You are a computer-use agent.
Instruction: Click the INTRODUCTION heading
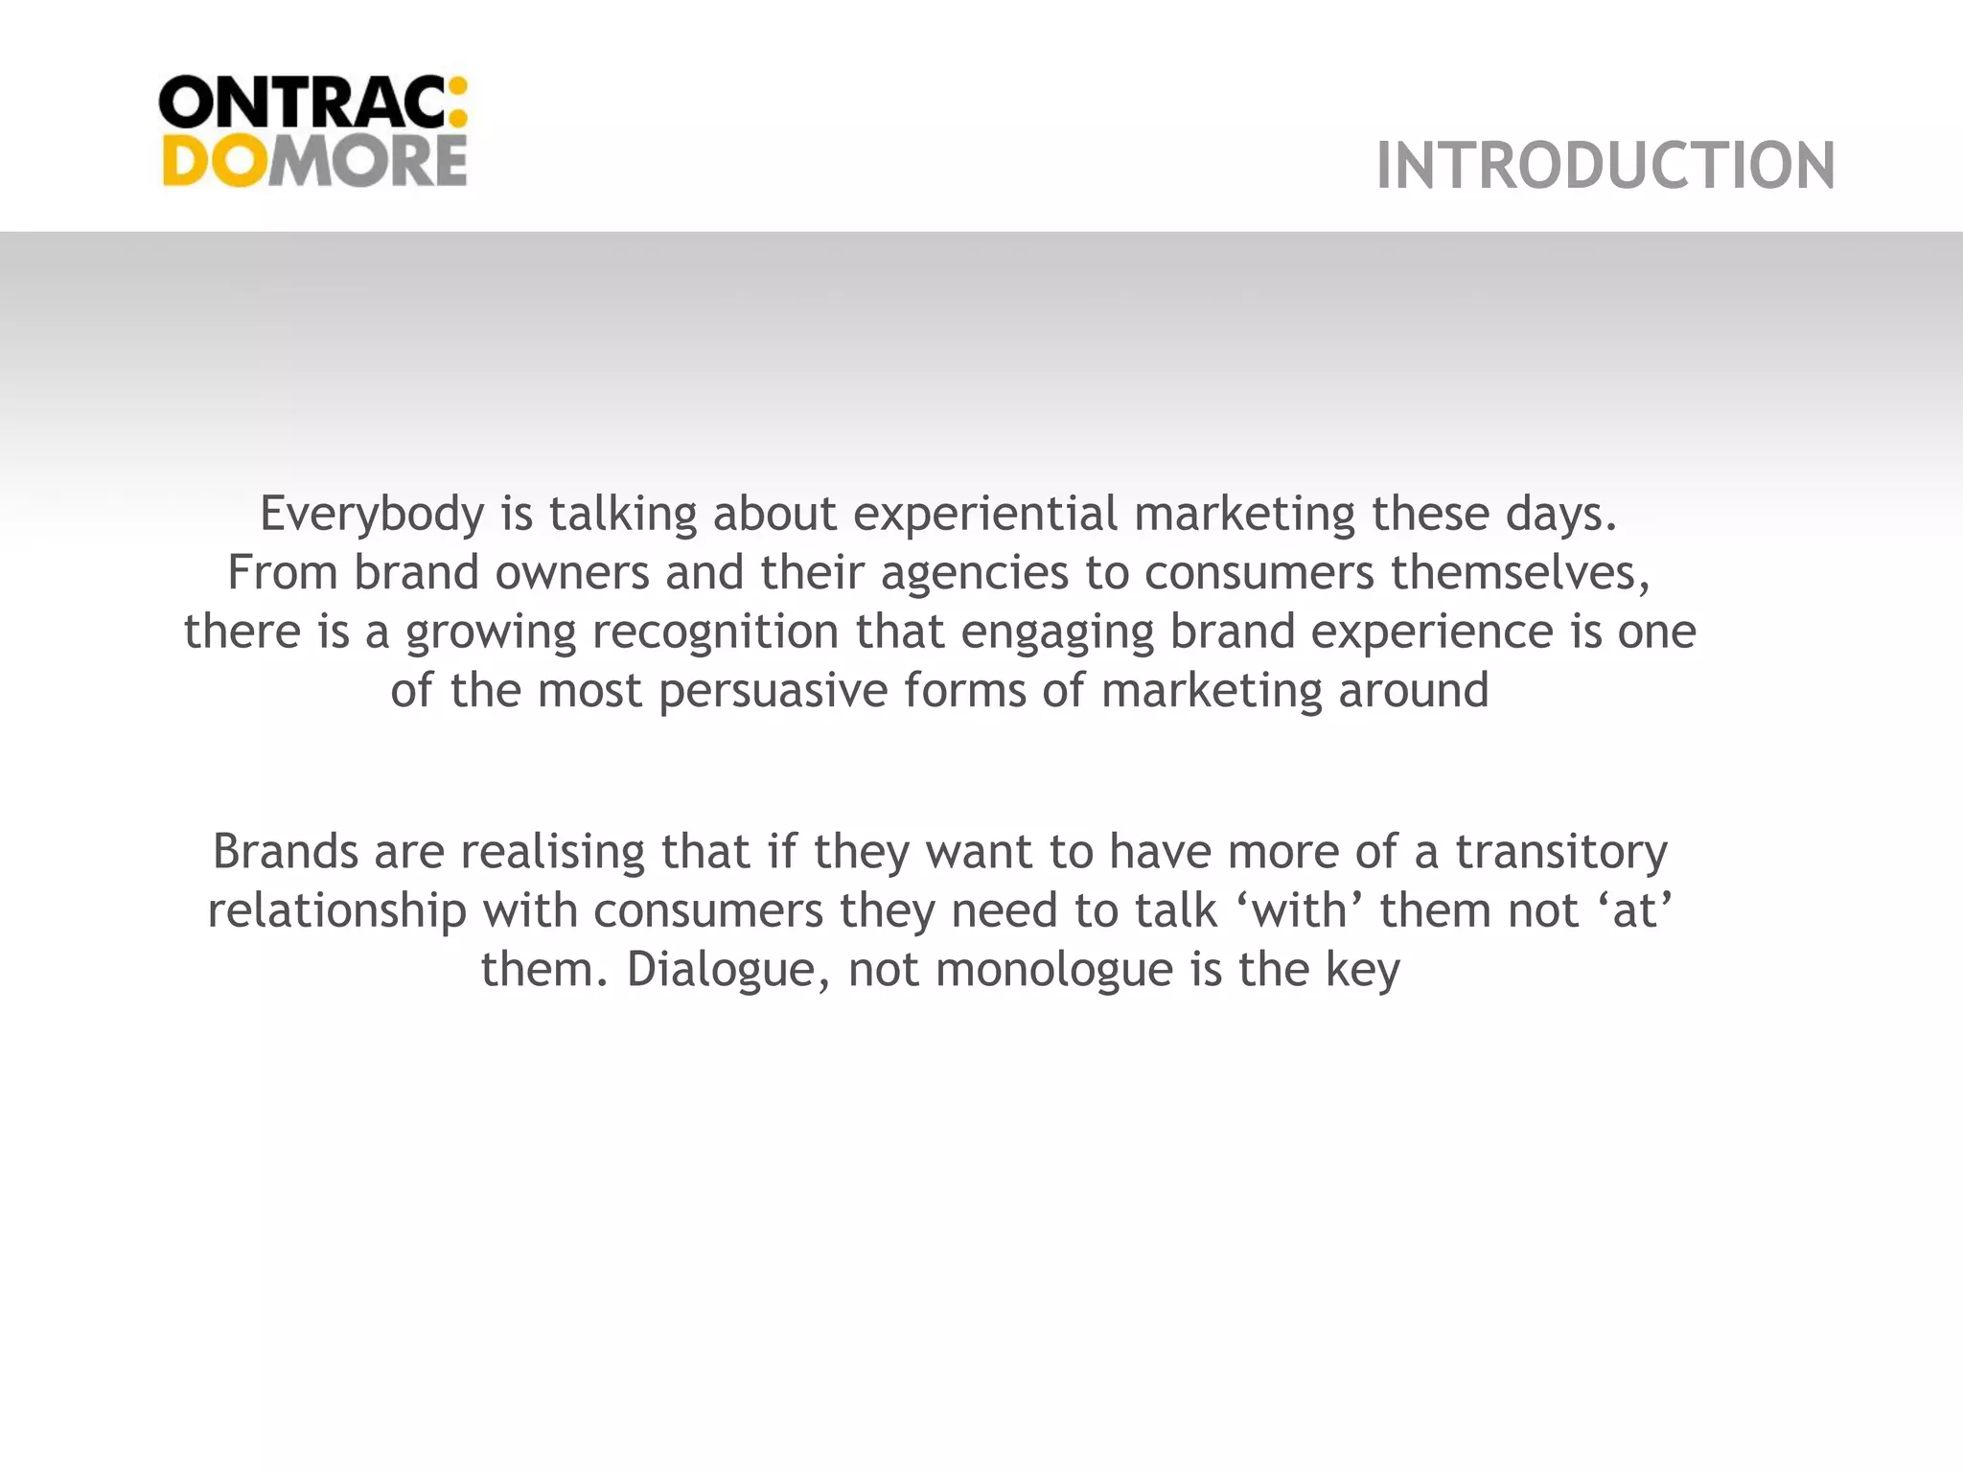pos(1605,166)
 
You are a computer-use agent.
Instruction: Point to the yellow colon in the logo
pos(457,102)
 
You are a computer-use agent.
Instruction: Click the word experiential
pos(985,515)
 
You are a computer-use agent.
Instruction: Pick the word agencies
pos(974,573)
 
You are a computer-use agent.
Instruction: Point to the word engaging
pos(1056,632)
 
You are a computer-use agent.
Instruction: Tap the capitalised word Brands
pos(285,852)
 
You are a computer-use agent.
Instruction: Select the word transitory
pos(1561,852)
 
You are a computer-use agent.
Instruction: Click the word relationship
pos(336,910)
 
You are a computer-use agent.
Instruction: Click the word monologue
pos(1053,970)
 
